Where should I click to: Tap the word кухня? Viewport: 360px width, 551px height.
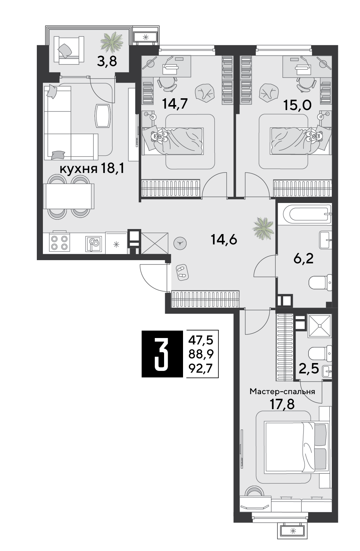[x=79, y=169]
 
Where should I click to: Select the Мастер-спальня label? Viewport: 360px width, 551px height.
[x=282, y=392]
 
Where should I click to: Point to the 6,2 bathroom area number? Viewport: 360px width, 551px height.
[x=304, y=259]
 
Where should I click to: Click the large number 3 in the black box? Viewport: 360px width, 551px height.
[x=162, y=354]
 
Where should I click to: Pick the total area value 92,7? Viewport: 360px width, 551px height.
[x=201, y=368]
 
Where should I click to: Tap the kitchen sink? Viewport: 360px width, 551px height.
[x=94, y=244]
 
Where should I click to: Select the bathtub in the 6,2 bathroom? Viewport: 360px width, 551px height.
[x=307, y=214]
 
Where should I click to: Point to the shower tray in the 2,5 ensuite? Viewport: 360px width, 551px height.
[x=320, y=326]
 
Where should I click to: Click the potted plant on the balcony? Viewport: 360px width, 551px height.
[x=112, y=42]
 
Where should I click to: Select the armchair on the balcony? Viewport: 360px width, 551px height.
[x=69, y=50]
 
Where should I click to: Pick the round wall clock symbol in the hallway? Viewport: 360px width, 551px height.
[x=180, y=243]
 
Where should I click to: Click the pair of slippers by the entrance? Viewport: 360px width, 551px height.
[x=182, y=272]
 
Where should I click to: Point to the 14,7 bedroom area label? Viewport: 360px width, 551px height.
[x=175, y=104]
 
